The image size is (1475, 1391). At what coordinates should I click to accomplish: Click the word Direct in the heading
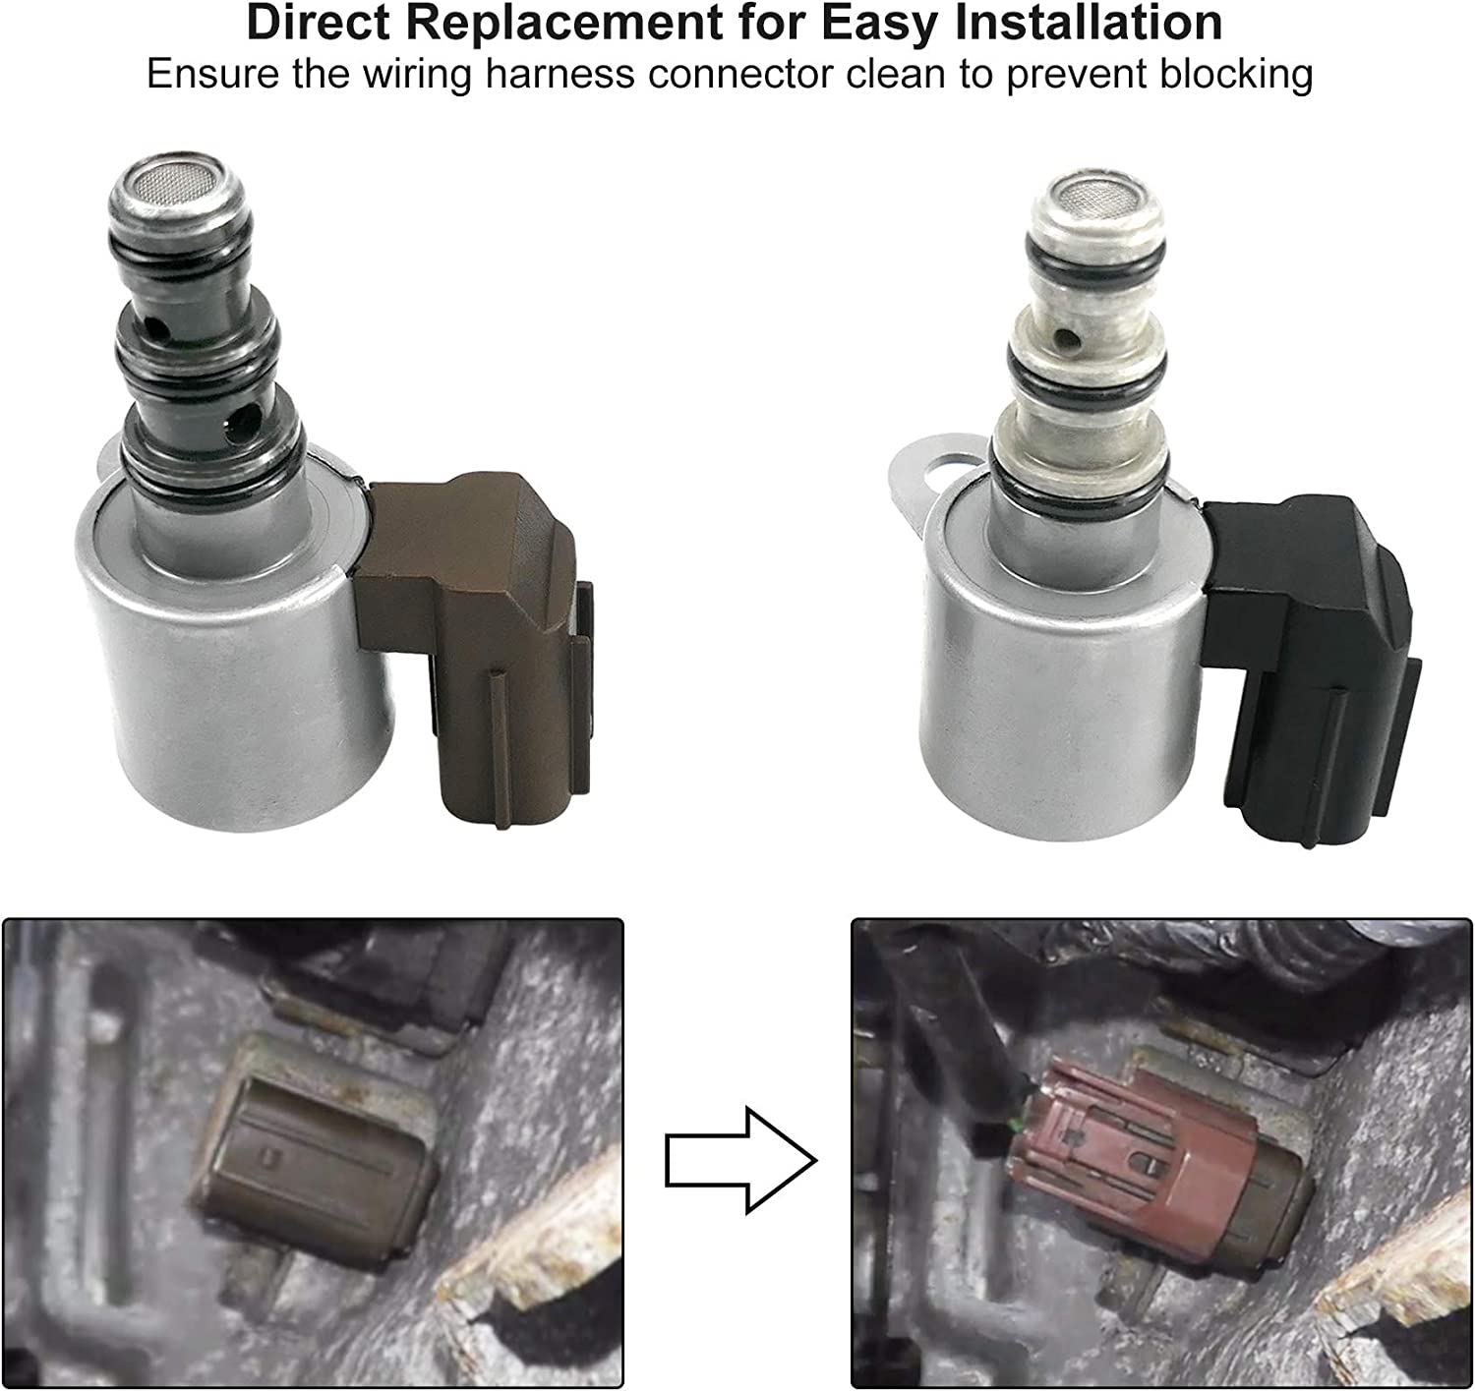(319, 23)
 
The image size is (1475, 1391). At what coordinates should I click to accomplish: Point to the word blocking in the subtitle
(1235, 75)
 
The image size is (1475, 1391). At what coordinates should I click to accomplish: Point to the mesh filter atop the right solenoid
(1096, 196)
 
